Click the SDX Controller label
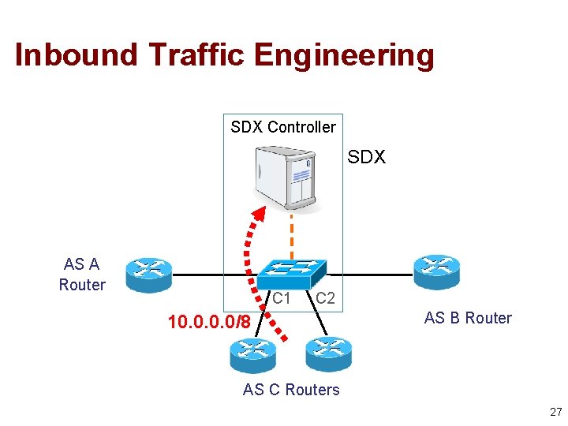pyautogui.click(x=282, y=127)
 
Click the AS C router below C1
pyautogui.click(x=253, y=354)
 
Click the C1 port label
pyautogui.click(x=282, y=299)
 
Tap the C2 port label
pyautogui.click(x=325, y=299)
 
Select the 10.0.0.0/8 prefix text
pyautogui.click(x=209, y=322)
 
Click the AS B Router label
pyautogui.click(x=468, y=319)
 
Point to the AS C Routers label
pyautogui.click(x=291, y=390)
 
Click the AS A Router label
pyautogui.click(x=82, y=274)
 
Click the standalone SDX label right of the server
pyautogui.click(x=367, y=158)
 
